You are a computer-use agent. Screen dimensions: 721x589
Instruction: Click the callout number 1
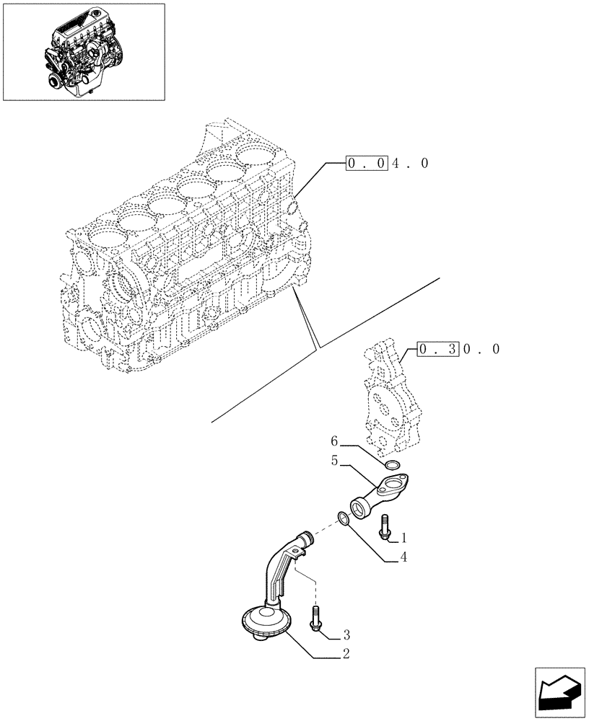(x=404, y=537)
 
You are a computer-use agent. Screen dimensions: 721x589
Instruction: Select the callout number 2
(x=346, y=655)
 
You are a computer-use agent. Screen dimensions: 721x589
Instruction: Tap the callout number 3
(x=346, y=634)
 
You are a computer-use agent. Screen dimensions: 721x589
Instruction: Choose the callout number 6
(x=334, y=441)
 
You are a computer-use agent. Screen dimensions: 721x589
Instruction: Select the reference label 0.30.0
(x=458, y=349)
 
